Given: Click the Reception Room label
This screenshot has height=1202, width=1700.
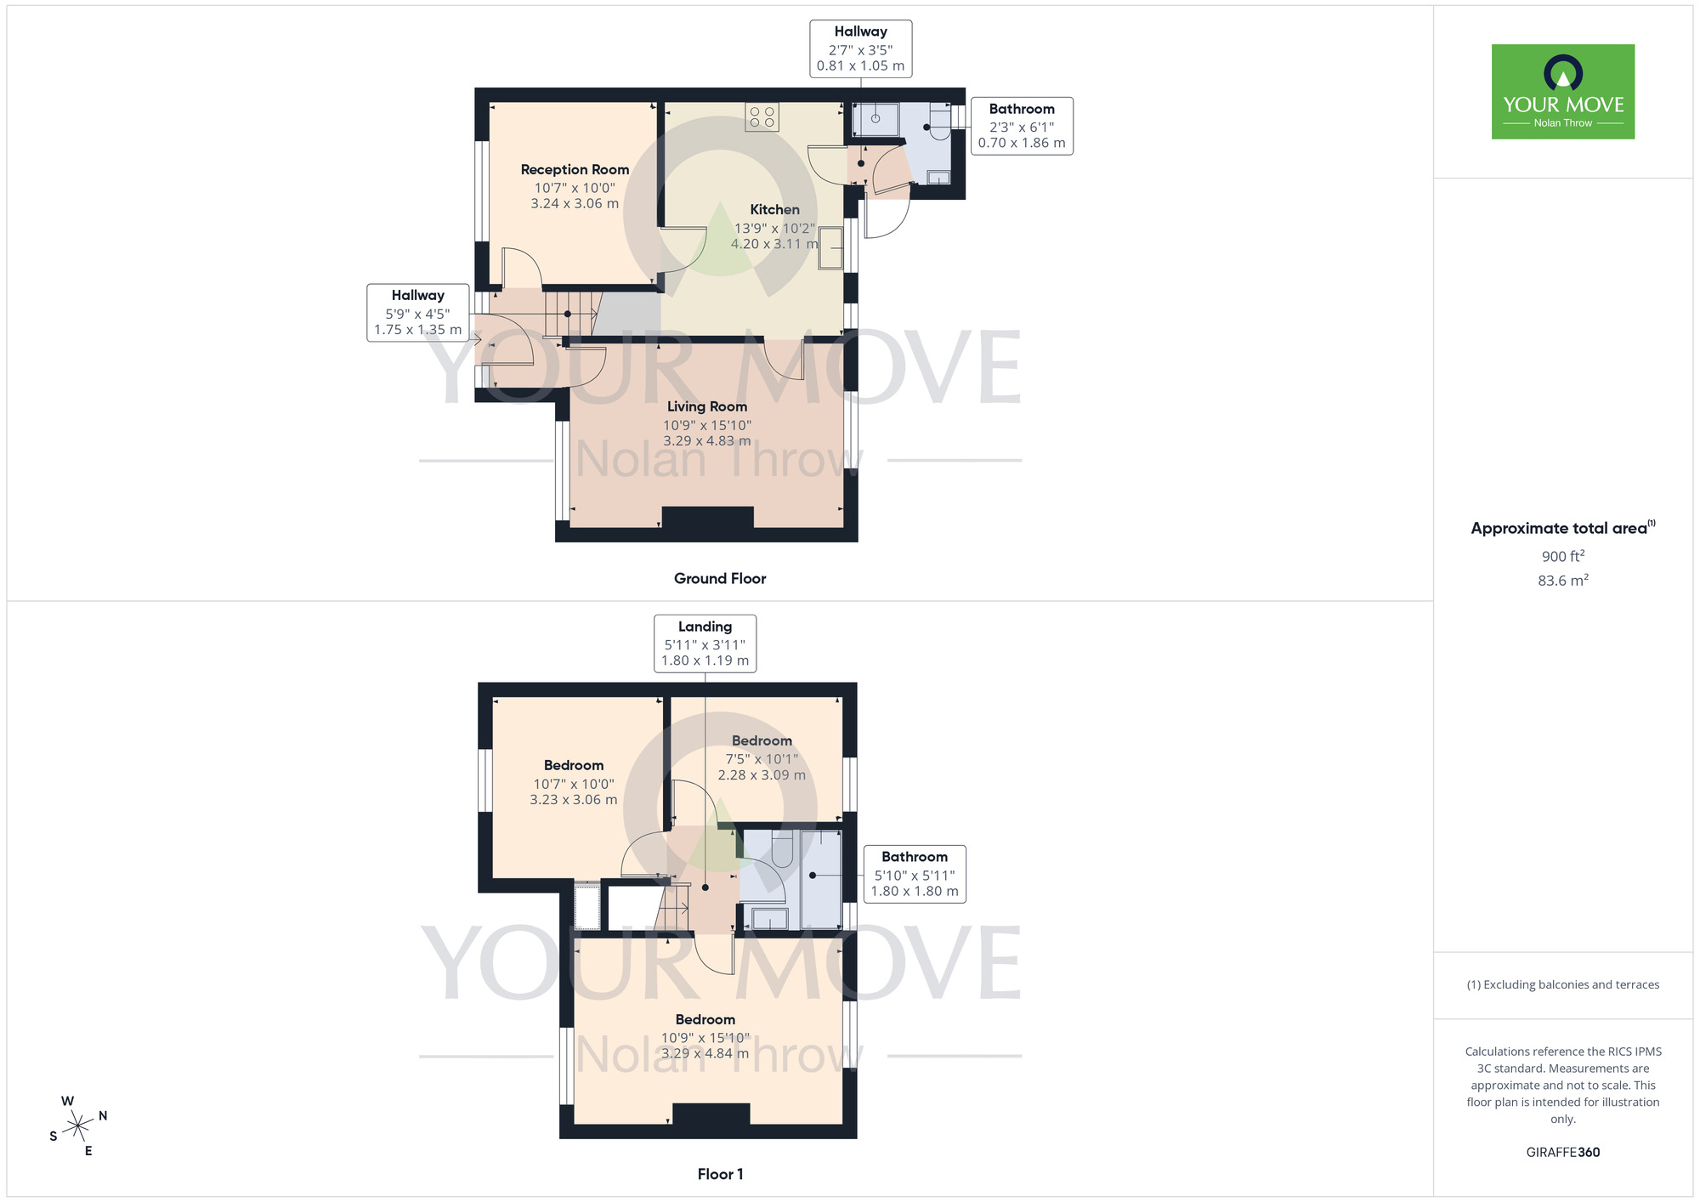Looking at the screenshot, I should pyautogui.click(x=575, y=170).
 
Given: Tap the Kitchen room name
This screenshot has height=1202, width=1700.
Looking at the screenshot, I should pyautogui.click(x=774, y=210).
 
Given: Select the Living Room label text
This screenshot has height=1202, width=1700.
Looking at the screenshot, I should pyautogui.click(x=707, y=407).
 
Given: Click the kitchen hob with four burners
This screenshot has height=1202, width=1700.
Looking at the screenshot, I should pyautogui.click(x=762, y=117).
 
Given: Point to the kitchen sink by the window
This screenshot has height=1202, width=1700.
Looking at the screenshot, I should pyautogui.click(x=830, y=248).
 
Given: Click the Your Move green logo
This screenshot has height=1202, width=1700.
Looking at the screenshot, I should pyautogui.click(x=1562, y=92).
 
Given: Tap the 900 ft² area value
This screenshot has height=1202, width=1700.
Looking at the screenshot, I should pyautogui.click(x=1562, y=556).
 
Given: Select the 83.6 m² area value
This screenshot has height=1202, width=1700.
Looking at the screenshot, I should pyautogui.click(x=1562, y=581).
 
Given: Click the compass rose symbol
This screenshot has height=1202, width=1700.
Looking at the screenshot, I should pyautogui.click(x=78, y=1126).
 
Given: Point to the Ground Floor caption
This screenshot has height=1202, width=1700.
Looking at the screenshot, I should pyautogui.click(x=720, y=579).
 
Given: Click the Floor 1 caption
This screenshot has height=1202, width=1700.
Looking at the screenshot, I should pyautogui.click(x=720, y=1174).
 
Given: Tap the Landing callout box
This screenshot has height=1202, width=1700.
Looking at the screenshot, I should pyautogui.click(x=705, y=644).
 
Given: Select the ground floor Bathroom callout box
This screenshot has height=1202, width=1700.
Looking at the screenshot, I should pyautogui.click(x=1022, y=126).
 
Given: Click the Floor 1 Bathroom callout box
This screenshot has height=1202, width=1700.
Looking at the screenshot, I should pyautogui.click(x=915, y=874).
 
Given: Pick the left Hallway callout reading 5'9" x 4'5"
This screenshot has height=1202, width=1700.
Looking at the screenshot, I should pyautogui.click(x=417, y=313).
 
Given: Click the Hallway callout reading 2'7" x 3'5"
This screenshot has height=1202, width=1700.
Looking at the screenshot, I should pyautogui.click(x=860, y=49).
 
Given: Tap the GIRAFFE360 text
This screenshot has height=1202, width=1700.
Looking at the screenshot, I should pyautogui.click(x=1562, y=1153).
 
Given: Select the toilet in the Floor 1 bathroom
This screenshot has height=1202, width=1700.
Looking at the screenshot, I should pyautogui.click(x=782, y=848).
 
